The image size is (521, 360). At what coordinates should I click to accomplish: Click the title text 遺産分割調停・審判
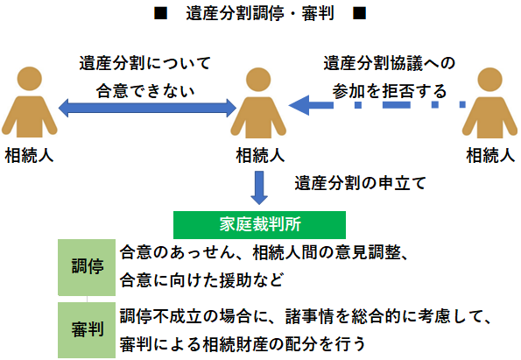260,15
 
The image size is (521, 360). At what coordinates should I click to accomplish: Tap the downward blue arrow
260,187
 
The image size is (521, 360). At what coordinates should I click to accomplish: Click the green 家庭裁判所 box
260,224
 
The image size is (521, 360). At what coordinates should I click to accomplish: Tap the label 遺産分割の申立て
359,183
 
